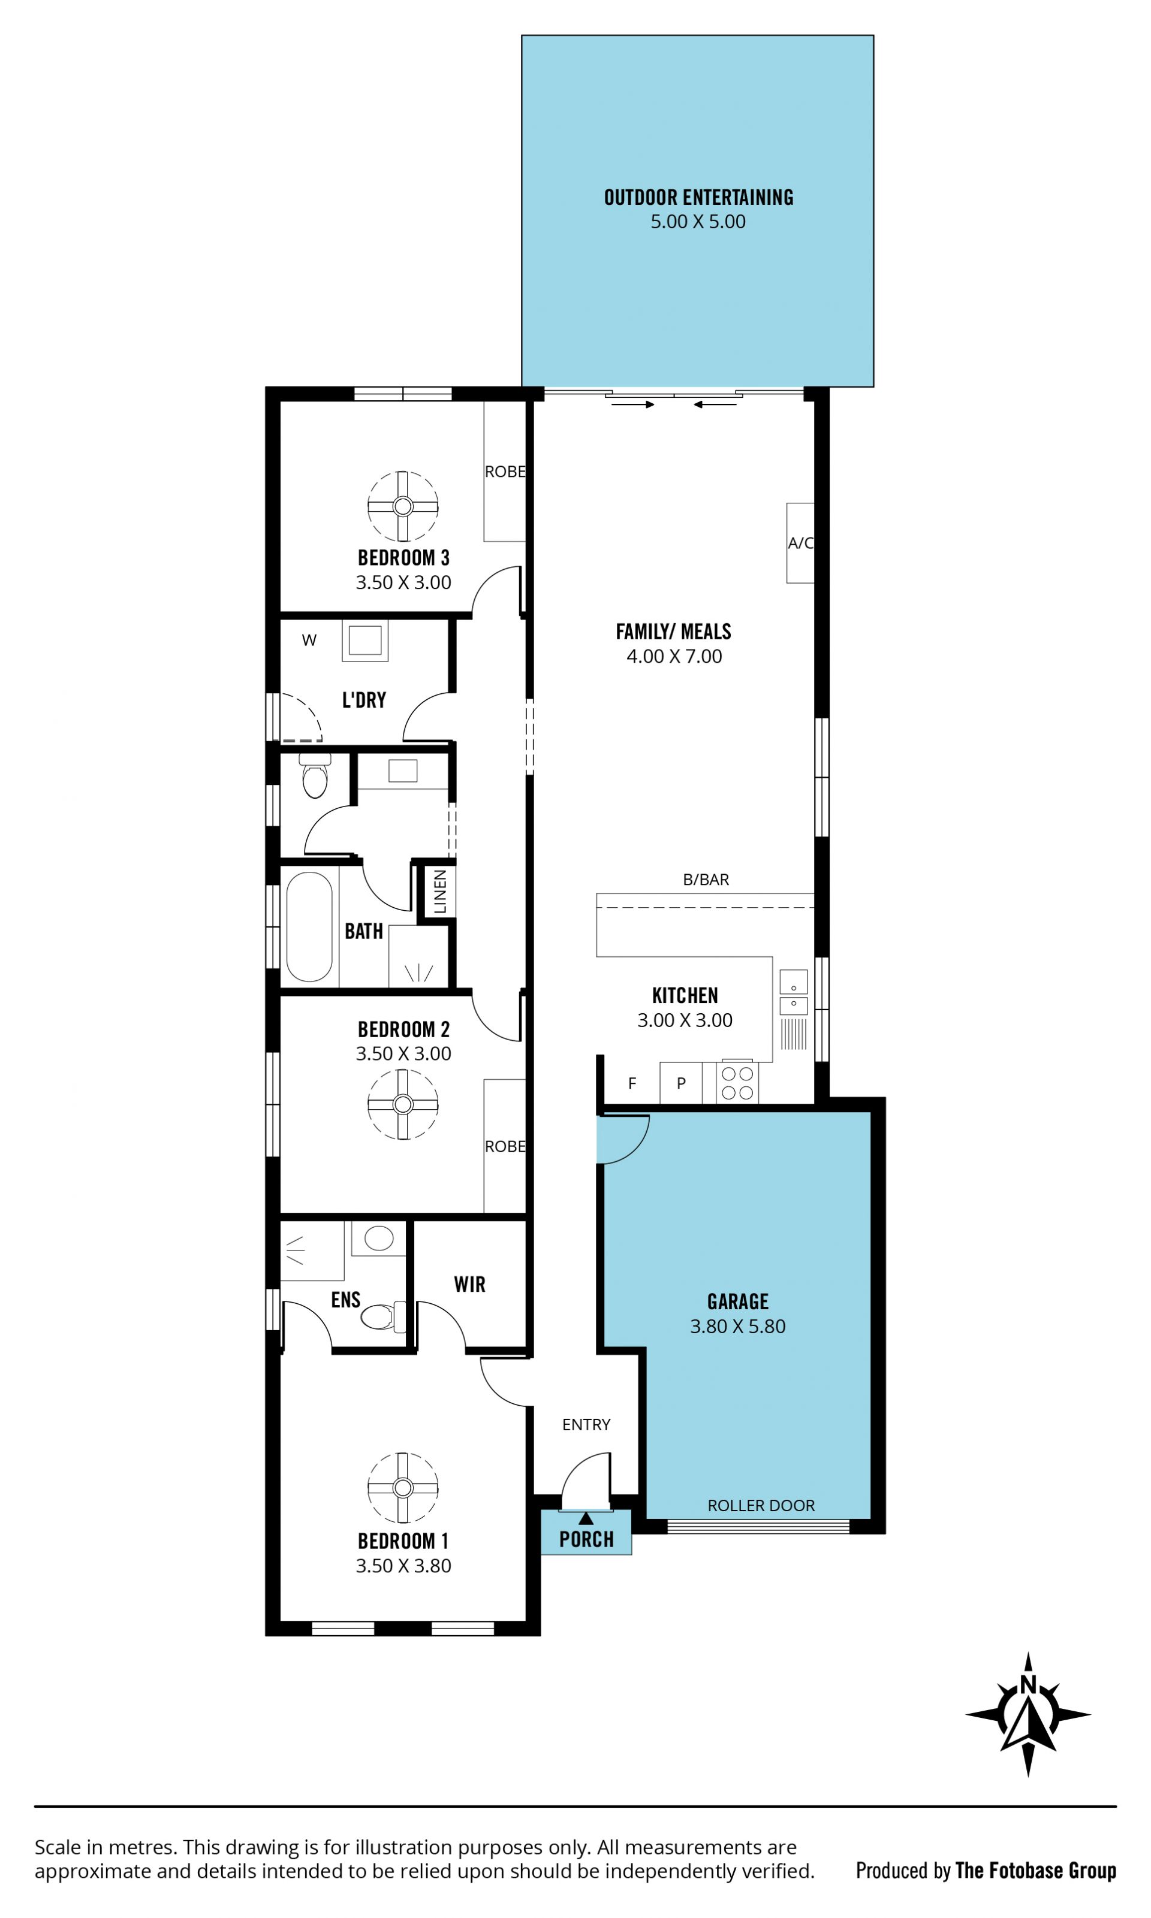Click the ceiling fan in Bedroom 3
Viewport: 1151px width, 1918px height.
click(x=402, y=506)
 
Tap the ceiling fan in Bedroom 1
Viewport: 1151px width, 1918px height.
click(x=402, y=1488)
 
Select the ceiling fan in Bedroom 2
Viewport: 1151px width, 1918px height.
click(x=402, y=1104)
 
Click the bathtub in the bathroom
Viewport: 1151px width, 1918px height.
click(x=309, y=926)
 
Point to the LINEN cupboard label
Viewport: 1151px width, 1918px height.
click(x=440, y=891)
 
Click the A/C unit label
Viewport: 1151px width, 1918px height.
click(x=800, y=543)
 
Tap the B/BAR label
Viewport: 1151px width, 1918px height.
click(x=706, y=879)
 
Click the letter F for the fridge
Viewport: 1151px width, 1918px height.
click(x=632, y=1083)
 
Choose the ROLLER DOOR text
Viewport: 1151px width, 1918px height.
click(x=761, y=1505)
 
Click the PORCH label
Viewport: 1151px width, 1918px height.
click(x=586, y=1539)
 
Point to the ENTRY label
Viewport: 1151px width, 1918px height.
click(x=586, y=1424)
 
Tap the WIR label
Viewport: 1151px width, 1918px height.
click(x=469, y=1284)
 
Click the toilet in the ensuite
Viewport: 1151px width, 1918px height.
click(x=382, y=1316)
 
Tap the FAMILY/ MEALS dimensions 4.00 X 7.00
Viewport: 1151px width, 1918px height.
click(x=674, y=656)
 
